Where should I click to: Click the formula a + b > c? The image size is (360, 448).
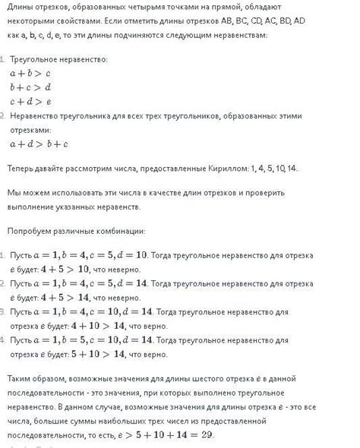pos(30,74)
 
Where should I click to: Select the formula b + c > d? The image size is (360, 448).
pos(30,87)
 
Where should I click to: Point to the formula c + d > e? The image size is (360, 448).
pos(30,101)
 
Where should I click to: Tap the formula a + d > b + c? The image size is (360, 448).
pos(39,144)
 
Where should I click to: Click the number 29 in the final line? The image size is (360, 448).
pos(205,435)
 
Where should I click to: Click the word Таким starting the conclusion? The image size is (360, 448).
pos(21,377)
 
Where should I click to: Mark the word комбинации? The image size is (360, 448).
pos(121,229)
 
